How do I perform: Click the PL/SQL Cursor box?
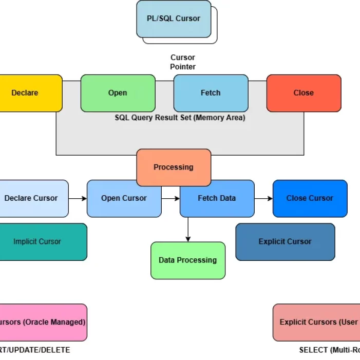pyautogui.click(x=174, y=19)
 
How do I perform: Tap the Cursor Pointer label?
pyautogui.click(x=183, y=62)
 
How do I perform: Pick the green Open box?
pyautogui.click(x=118, y=93)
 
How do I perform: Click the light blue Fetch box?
pyautogui.click(x=211, y=93)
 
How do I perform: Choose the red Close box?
pyautogui.click(x=304, y=93)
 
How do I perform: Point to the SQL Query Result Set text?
pyautogui.click(x=180, y=118)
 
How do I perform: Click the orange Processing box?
pyautogui.click(x=174, y=167)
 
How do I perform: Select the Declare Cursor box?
pyautogui.click(x=32, y=198)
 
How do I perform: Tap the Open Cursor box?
pyautogui.click(x=124, y=198)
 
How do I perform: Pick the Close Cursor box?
pyautogui.click(x=310, y=198)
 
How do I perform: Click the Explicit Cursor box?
pyautogui.click(x=285, y=241)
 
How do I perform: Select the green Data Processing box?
pyautogui.click(x=187, y=260)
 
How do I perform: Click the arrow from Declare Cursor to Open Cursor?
pyautogui.click(x=78, y=198)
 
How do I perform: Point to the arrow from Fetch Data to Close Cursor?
pyautogui.click(x=263, y=198)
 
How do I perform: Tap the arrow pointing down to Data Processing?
pyautogui.click(x=188, y=229)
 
